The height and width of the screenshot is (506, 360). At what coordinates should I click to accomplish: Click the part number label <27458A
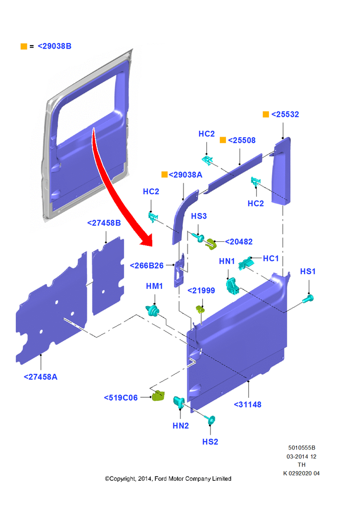click(40, 377)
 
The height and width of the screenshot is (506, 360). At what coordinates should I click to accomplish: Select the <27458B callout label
click(104, 223)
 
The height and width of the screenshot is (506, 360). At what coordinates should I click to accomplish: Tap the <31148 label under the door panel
click(247, 405)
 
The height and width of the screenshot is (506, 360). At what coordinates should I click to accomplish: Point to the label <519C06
click(121, 398)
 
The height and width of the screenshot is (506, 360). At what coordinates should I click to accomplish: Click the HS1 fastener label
click(308, 271)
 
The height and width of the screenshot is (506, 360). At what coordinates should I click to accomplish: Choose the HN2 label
click(181, 426)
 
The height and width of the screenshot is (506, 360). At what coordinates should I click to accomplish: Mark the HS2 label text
click(210, 442)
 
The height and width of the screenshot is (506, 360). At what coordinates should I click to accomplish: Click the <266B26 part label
click(147, 266)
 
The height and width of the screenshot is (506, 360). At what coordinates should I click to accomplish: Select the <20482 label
click(239, 242)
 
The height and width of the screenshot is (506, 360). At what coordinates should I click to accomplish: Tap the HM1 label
click(154, 286)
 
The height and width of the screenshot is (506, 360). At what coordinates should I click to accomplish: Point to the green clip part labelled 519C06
click(158, 395)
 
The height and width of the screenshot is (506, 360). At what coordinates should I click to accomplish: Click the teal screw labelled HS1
click(308, 299)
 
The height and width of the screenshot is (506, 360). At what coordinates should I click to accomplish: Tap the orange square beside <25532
click(266, 114)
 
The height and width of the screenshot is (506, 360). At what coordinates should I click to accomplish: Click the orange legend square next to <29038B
click(24, 47)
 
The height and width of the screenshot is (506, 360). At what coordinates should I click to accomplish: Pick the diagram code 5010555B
click(302, 448)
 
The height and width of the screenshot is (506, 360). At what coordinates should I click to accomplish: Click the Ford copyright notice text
click(168, 479)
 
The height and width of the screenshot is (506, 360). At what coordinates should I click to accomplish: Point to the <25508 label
click(242, 140)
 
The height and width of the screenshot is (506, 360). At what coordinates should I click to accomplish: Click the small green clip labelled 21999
click(200, 310)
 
